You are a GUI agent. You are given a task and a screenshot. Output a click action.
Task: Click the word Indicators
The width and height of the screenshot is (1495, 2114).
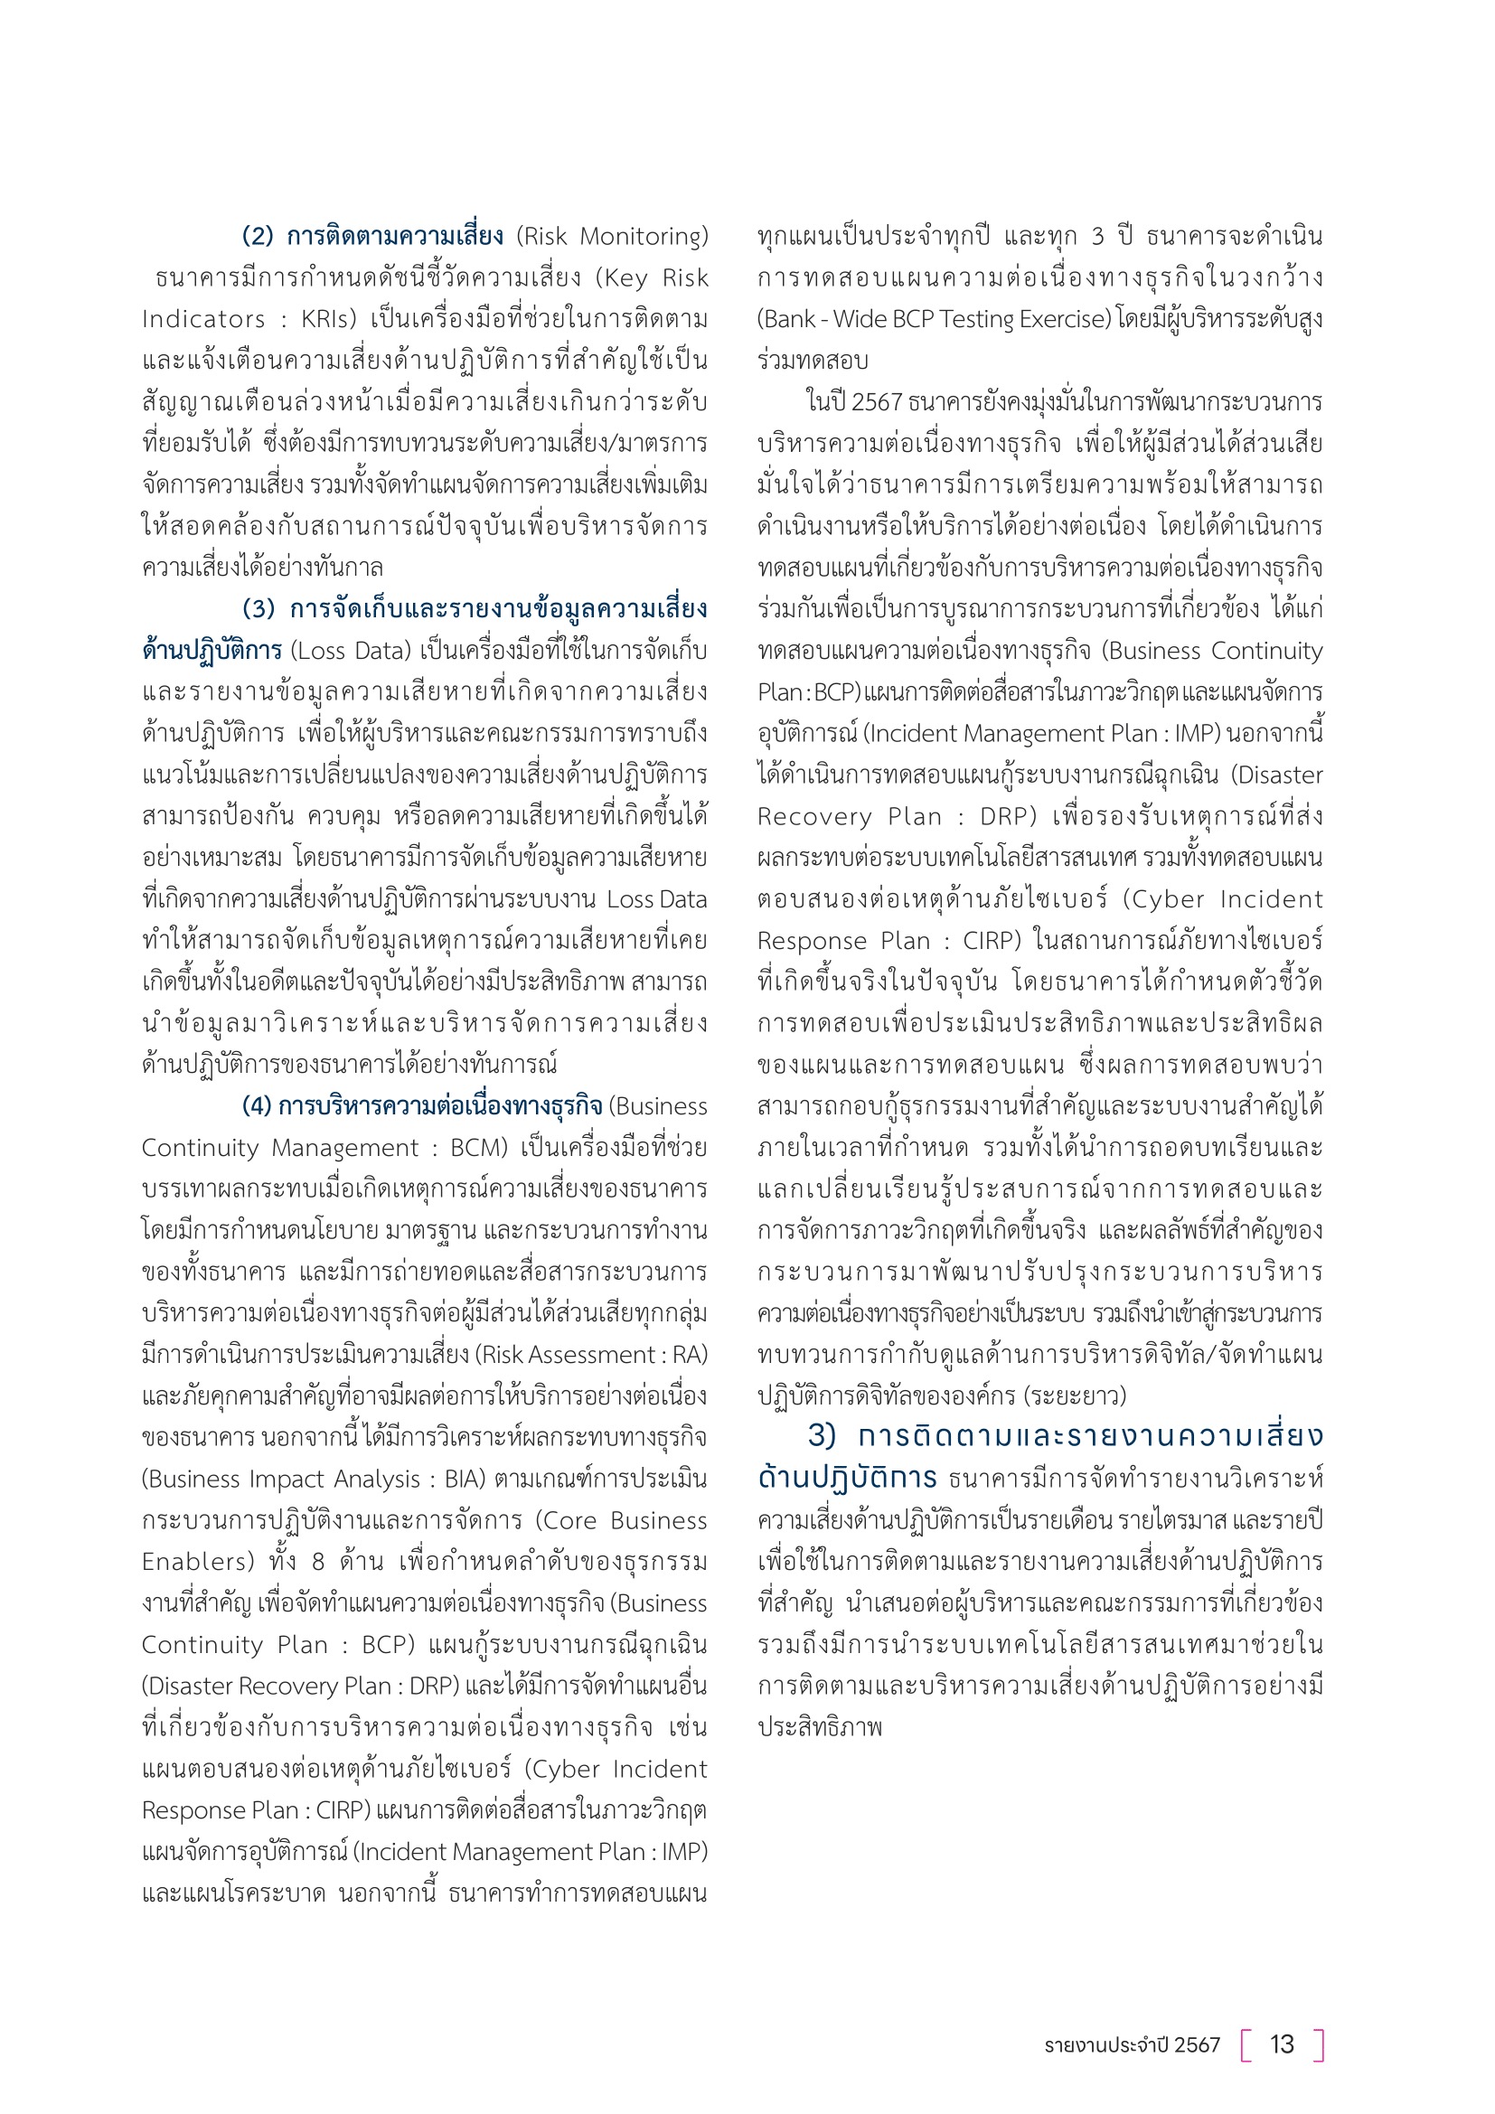click(x=203, y=319)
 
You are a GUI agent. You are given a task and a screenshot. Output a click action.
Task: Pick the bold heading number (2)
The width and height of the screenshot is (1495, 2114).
click(x=259, y=237)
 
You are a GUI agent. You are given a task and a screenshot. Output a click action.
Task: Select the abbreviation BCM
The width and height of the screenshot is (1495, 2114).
click(x=479, y=1148)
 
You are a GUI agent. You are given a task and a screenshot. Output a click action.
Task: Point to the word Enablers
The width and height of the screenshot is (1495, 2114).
click(x=197, y=1563)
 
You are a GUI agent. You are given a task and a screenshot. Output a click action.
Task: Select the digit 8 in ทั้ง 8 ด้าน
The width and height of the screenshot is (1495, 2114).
click(x=317, y=1563)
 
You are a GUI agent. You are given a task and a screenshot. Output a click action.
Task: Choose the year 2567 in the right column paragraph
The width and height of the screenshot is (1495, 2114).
click(x=877, y=402)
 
